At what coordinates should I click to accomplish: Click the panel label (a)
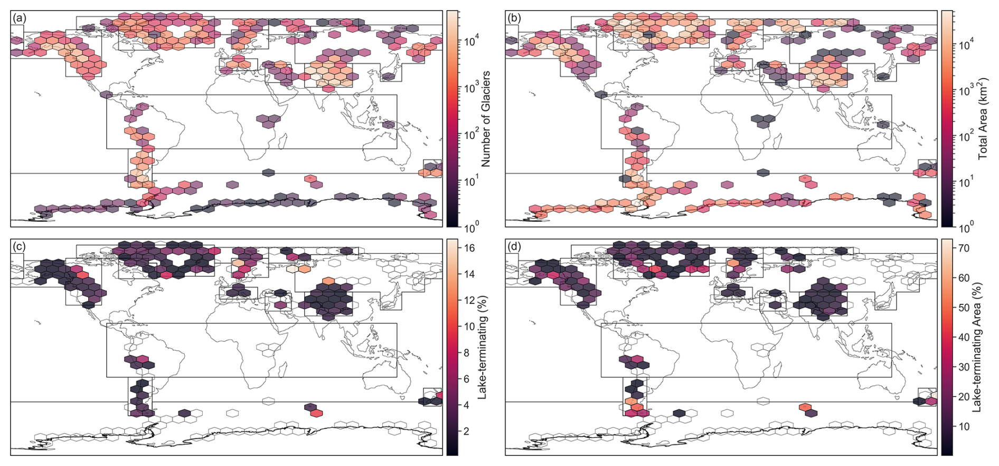[x=19, y=18]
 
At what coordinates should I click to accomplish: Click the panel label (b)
[x=514, y=18]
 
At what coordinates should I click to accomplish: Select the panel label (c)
[x=19, y=246]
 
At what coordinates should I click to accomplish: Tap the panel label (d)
[x=514, y=246]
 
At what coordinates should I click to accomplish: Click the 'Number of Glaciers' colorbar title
[x=486, y=119]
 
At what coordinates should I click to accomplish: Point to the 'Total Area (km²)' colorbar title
[x=983, y=119]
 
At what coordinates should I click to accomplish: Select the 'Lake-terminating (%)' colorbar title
[x=482, y=347]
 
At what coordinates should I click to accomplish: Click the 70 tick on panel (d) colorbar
[x=965, y=248]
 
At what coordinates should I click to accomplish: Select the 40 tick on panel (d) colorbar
[x=965, y=337]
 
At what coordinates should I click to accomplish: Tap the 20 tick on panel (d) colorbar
[x=965, y=397]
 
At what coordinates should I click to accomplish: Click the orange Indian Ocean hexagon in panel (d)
[x=805, y=407]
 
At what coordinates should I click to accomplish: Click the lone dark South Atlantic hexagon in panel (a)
[x=268, y=173]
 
